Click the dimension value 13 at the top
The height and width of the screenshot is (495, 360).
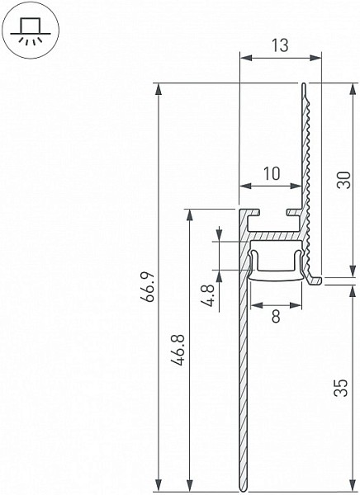pos(281,45)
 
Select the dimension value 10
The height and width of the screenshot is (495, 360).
pos(272,173)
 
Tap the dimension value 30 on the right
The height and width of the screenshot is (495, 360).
pos(343,180)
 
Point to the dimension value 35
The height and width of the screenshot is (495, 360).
pos(341,388)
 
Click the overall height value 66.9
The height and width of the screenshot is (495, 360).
pos(149,286)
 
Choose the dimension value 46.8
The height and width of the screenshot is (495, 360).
pos(179,351)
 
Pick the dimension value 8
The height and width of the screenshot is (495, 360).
pos(276,316)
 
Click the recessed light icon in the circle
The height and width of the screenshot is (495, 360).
pos(31,31)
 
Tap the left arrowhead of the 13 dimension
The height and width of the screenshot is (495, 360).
pos(246,58)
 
